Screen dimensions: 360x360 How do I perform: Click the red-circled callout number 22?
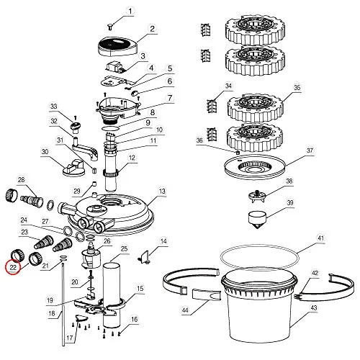point(13,267)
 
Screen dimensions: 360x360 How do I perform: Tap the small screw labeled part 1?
point(110,27)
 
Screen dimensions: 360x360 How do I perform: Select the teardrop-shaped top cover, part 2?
point(118,48)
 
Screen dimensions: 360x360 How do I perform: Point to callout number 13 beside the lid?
point(162,192)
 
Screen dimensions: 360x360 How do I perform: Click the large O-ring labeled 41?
point(260,257)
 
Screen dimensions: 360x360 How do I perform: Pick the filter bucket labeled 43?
point(259,308)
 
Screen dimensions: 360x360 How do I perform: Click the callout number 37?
point(310,150)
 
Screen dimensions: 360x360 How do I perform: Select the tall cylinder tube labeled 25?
point(112,295)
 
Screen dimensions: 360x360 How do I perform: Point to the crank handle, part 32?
point(85,149)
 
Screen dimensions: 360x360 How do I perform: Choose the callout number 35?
point(297,87)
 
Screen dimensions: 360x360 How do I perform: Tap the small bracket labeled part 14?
point(145,256)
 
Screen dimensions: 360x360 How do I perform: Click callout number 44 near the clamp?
point(185,310)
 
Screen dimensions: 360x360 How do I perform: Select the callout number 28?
point(22,180)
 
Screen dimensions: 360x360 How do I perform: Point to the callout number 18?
point(52,313)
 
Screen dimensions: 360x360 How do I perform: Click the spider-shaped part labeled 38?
point(257,197)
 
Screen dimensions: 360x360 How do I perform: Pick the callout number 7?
point(170,98)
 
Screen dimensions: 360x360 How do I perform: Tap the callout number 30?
point(45,152)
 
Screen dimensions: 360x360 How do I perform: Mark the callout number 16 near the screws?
point(134,319)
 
